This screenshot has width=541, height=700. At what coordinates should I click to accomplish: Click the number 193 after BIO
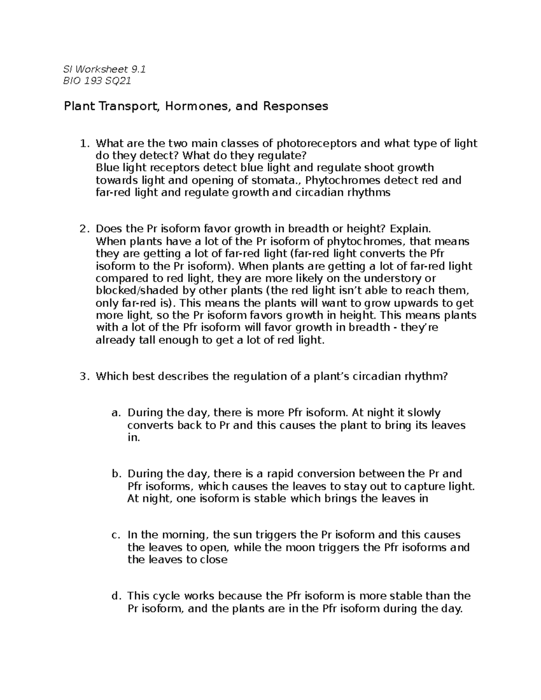[x=92, y=81]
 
